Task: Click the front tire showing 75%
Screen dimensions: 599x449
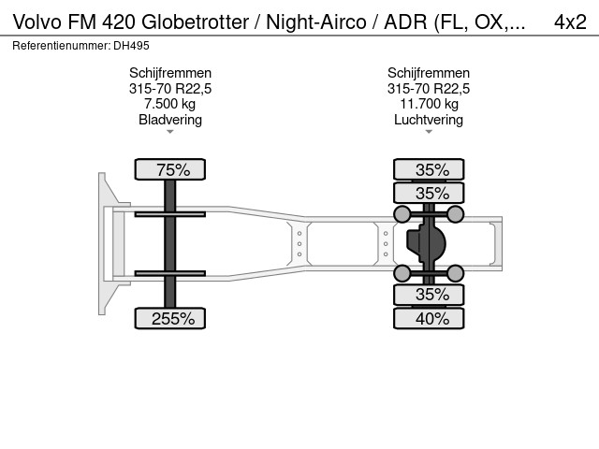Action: (x=170, y=169)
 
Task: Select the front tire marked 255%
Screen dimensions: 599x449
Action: (x=170, y=318)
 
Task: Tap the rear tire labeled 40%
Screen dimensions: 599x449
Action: (x=429, y=318)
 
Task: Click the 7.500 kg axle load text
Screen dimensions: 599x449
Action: (x=170, y=104)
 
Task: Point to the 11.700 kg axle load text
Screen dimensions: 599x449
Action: (x=429, y=104)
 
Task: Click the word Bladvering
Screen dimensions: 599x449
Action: (x=170, y=120)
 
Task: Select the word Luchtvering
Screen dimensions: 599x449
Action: (x=429, y=120)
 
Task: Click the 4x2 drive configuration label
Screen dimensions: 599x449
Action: (x=570, y=22)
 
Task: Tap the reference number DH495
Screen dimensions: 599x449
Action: (x=131, y=46)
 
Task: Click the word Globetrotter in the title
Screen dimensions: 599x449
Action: (x=196, y=22)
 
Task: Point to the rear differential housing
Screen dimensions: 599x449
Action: (x=426, y=243)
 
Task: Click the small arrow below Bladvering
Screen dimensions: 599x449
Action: (x=170, y=132)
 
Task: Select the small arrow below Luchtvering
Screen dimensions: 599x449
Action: (x=429, y=132)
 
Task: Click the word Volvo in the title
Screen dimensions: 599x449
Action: (x=37, y=22)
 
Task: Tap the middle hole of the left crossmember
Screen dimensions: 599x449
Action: (x=299, y=243)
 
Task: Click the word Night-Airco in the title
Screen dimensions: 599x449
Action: (x=316, y=22)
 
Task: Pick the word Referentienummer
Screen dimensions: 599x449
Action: (x=61, y=46)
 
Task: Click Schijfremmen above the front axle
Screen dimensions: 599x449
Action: (x=170, y=73)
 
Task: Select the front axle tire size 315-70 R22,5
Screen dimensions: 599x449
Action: (x=170, y=89)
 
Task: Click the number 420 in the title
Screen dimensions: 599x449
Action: (x=119, y=22)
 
